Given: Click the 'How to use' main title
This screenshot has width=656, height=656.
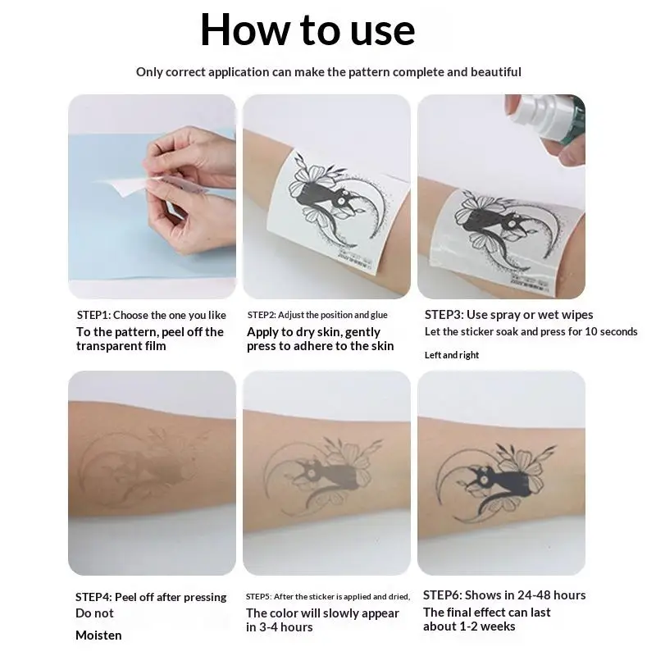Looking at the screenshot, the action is [x=307, y=30].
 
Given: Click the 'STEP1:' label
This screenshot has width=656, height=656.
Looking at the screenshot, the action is [x=93, y=315].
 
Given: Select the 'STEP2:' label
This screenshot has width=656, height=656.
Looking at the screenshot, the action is [x=262, y=315].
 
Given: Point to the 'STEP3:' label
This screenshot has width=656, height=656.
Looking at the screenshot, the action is [x=444, y=315].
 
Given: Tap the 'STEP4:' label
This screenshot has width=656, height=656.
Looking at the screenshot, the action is [x=93, y=597].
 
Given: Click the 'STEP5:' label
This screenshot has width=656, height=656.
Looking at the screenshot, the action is [x=258, y=597].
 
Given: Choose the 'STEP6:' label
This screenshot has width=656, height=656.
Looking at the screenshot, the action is [x=442, y=595].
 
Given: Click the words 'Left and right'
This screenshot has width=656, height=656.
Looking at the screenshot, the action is [x=452, y=355].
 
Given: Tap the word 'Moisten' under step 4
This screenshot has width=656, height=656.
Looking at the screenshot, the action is [x=98, y=635].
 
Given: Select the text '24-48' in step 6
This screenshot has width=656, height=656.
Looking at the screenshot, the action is [x=534, y=595].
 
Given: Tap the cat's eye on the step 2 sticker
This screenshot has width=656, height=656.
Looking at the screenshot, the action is [x=342, y=201].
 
